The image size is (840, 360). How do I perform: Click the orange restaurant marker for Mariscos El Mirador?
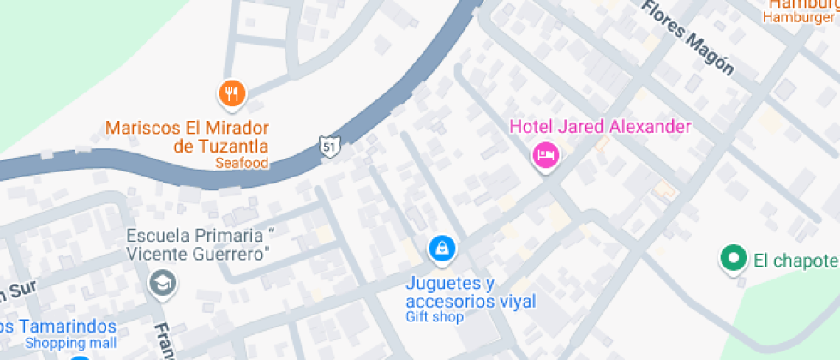(231, 93)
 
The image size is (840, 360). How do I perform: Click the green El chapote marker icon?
(732, 258)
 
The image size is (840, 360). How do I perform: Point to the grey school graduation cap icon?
(161, 282)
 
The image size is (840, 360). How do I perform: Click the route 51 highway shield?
(329, 147)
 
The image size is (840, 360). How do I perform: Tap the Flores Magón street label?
(689, 39)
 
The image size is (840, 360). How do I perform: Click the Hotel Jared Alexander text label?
(600, 127)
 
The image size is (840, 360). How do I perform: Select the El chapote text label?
(795, 260)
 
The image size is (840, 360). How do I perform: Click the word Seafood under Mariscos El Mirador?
(242, 163)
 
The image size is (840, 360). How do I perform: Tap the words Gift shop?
(435, 317)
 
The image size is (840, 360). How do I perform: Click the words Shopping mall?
(69, 343)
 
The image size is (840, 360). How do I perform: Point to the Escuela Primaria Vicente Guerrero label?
(200, 244)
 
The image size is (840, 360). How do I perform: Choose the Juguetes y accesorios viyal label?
(471, 292)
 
